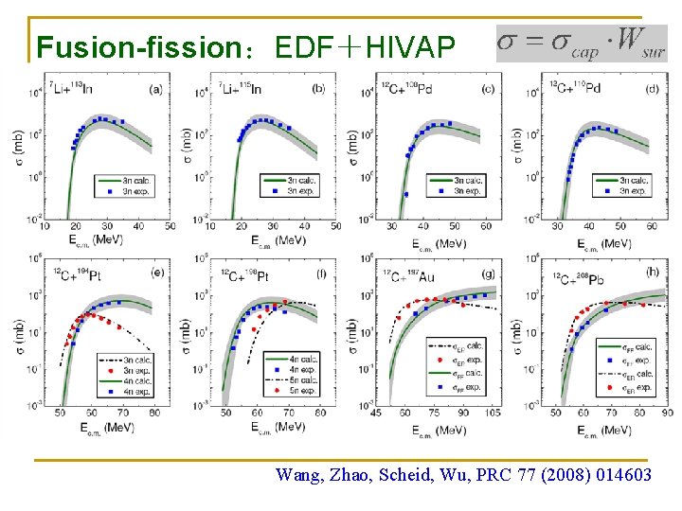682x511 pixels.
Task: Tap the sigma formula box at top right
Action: [x=582, y=43]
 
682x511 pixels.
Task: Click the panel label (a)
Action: [x=155, y=89]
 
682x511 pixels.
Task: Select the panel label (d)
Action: [x=653, y=89]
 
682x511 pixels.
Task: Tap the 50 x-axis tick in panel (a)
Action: [x=169, y=226]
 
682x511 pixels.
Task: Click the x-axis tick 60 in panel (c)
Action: [x=485, y=226]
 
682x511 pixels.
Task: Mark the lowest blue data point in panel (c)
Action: [x=406, y=194]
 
